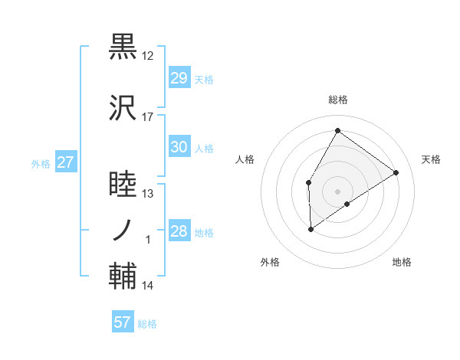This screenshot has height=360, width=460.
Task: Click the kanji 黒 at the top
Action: pos(123,47)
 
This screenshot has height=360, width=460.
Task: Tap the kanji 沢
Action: pos(123,109)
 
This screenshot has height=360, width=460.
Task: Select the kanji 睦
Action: pos(123,185)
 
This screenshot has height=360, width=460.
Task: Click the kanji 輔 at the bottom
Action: pos(123,277)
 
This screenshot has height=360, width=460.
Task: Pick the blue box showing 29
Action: pos(179,78)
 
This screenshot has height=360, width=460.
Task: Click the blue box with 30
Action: pos(179,147)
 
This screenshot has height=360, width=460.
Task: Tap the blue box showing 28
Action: pos(179,231)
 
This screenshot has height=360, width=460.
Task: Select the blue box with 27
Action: pos(65,162)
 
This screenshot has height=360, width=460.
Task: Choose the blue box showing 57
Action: pos(123,322)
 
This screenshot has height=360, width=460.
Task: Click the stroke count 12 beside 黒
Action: pos(148,56)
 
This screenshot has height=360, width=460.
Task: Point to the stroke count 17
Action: pos(148,117)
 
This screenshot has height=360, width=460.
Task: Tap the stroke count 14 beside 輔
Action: pos(148,286)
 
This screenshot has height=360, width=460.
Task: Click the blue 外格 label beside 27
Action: pos(41,163)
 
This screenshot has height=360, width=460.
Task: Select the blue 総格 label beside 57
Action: pos(147,324)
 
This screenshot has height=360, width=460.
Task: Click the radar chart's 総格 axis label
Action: pos(337,100)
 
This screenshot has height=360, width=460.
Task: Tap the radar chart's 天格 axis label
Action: pos(431,159)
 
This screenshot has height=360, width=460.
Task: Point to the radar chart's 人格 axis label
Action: pos(245,159)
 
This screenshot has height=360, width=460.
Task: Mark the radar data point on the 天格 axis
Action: pos(396,173)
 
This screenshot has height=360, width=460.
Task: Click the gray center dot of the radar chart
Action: pos(337,190)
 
